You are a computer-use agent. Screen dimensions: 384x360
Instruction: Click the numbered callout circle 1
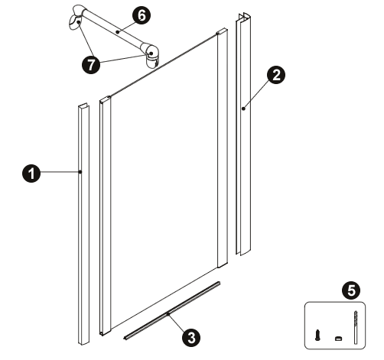31,174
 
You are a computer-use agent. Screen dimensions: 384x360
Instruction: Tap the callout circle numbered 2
276,75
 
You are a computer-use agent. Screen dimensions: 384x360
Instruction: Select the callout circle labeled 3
191,338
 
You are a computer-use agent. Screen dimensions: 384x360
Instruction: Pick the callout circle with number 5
351,290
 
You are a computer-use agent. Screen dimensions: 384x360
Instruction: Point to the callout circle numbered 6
142,15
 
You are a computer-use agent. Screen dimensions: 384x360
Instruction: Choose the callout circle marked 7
91,65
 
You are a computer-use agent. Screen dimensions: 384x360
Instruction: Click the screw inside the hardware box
317,336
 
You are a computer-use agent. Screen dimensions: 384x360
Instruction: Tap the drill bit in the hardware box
356,327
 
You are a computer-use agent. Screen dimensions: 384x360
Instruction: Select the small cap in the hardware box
338,339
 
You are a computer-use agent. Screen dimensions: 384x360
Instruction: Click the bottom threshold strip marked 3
172,310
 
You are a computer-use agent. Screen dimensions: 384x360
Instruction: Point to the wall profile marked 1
83,224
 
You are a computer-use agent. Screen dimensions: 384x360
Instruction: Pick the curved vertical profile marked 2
243,134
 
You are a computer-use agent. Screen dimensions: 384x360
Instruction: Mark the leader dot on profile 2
243,109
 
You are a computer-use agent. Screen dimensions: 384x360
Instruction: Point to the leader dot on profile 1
80,172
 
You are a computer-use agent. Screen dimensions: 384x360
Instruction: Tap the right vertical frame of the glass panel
222,148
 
